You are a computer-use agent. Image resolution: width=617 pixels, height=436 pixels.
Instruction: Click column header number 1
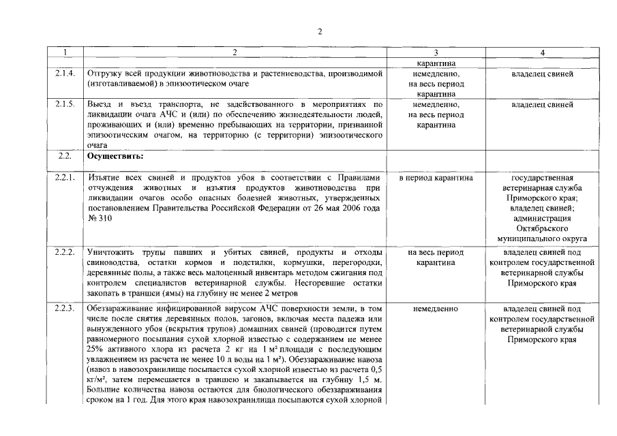click(64, 52)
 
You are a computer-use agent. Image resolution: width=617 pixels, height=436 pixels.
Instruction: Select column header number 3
click(436, 52)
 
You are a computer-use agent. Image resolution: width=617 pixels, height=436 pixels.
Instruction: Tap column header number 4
click(542, 52)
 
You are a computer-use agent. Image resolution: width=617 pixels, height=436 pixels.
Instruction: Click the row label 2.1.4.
click(65, 73)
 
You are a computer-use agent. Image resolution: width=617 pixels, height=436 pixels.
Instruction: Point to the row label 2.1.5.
click(65, 104)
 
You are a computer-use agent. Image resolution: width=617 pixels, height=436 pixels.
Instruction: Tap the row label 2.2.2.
click(65, 252)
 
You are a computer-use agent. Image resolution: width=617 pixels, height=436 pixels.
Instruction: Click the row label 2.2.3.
click(65, 308)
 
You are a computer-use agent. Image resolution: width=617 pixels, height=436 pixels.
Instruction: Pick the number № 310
click(97, 218)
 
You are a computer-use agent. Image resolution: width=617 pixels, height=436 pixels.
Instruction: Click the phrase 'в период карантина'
click(436, 178)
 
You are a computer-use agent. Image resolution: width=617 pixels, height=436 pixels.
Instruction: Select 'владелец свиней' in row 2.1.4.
click(542, 74)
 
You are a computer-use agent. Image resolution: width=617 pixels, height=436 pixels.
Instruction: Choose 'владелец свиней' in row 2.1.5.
click(542, 105)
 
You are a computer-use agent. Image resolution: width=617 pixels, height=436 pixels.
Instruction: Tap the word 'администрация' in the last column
click(542, 219)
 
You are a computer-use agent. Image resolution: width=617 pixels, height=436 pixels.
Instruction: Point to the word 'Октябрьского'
click(542, 229)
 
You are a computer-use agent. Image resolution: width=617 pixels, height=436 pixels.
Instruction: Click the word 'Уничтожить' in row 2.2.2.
click(108, 252)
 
